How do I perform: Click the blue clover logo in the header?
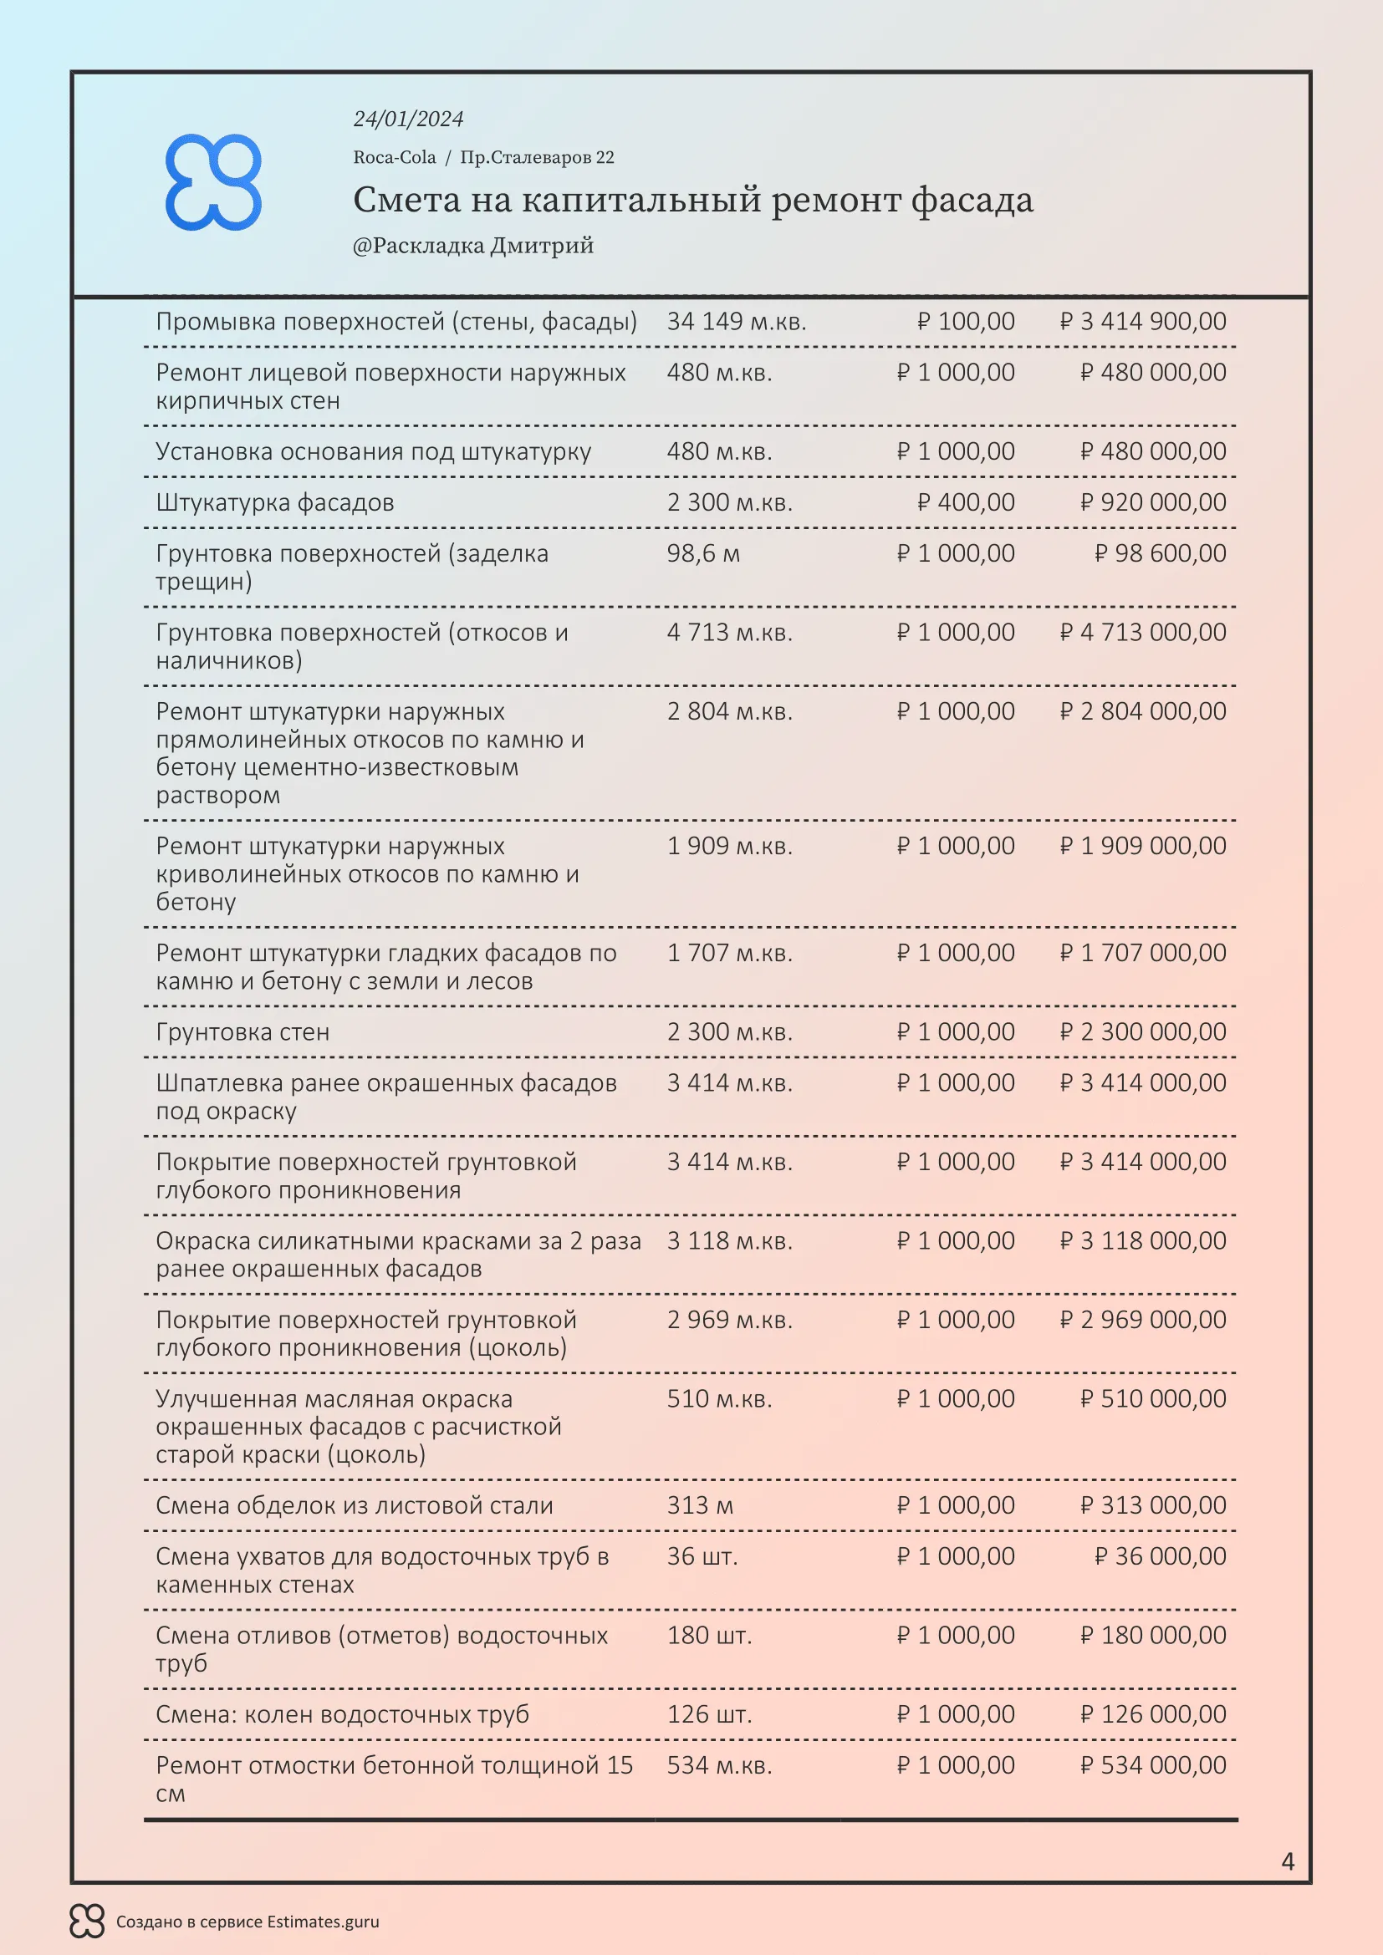tap(213, 182)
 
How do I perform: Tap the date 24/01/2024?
tap(408, 120)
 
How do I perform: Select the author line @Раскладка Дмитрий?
tap(472, 246)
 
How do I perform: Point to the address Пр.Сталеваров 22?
tap(537, 157)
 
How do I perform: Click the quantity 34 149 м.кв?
tap(736, 322)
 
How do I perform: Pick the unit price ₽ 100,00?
tap(966, 322)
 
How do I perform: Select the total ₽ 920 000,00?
tap(1153, 502)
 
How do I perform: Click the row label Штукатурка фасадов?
tap(274, 502)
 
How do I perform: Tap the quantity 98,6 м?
tap(702, 553)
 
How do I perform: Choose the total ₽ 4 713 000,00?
tap(1143, 633)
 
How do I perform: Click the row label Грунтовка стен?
tap(242, 1032)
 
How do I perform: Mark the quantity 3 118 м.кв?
tap(729, 1240)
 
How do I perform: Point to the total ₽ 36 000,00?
tap(1160, 1556)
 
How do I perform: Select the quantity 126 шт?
tap(709, 1714)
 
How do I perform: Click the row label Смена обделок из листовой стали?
tap(355, 1505)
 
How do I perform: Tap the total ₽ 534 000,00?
tap(1153, 1765)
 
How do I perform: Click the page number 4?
tap(1288, 1861)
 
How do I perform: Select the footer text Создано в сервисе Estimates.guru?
tap(247, 1922)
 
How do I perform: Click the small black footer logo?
tap(87, 1921)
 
